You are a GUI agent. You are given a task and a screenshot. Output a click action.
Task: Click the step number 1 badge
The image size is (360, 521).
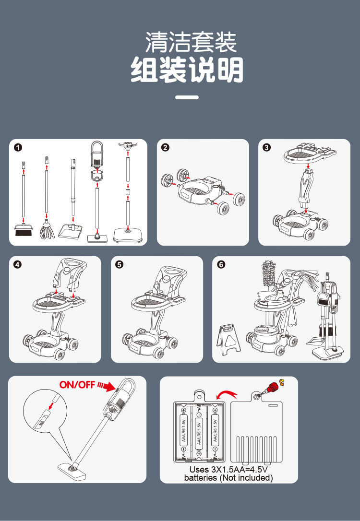tap(18, 147)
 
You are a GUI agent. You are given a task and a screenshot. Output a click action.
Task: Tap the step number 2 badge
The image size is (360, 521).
tap(165, 147)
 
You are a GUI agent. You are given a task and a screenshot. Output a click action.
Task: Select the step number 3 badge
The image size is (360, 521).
tap(266, 147)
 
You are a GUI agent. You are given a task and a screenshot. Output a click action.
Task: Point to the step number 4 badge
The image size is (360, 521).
tap(17, 264)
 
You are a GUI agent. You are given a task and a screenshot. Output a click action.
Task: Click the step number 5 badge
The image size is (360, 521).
tap(119, 264)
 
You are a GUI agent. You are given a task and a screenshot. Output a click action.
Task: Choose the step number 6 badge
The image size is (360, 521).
tap(221, 264)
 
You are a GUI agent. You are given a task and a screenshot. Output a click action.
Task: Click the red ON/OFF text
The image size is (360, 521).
tap(77, 385)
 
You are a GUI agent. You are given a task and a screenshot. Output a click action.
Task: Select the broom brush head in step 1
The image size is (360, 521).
tap(24, 230)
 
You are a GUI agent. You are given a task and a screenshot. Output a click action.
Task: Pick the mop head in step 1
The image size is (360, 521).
tap(47, 230)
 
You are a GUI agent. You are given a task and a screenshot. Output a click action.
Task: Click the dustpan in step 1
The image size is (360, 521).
tap(70, 231)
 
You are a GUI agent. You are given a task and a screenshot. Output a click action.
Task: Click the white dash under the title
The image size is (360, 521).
tap(187, 97)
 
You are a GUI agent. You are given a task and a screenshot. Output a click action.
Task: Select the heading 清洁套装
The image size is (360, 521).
tap(191, 42)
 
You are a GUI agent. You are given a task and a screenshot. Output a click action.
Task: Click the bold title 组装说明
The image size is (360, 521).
tap(187, 70)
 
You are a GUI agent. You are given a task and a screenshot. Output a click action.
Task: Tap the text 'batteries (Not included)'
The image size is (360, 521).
tap(228, 477)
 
